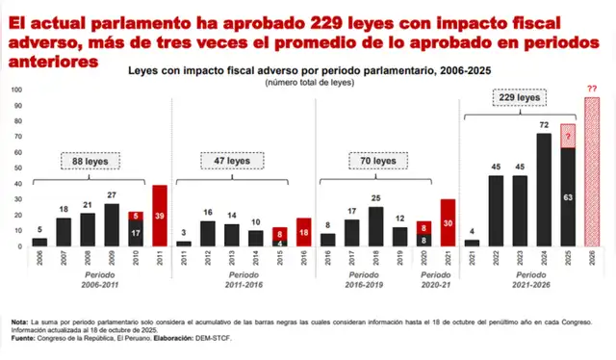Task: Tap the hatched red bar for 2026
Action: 592,172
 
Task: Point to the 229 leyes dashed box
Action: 519,98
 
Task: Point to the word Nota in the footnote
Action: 20,321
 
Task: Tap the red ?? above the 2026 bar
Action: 592,89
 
